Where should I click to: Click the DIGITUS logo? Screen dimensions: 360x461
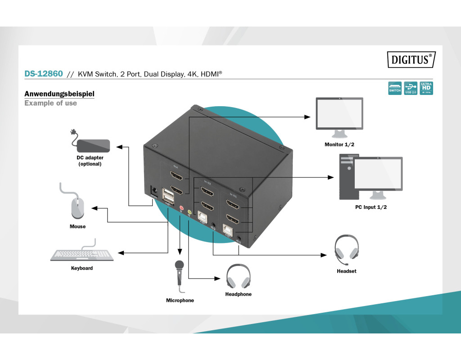click(x=411, y=59)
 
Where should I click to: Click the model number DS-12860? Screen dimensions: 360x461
click(x=43, y=73)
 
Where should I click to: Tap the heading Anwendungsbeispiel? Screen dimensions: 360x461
click(x=59, y=94)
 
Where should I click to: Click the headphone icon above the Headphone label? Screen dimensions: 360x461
click(x=238, y=276)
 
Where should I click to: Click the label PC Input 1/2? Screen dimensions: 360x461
click(x=371, y=207)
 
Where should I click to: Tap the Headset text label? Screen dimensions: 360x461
click(x=347, y=271)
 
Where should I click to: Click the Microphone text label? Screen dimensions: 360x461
click(x=180, y=301)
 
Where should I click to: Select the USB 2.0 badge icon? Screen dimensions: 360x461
click(x=411, y=88)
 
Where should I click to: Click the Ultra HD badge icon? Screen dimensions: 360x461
click(x=426, y=88)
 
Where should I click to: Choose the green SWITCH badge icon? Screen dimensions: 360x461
click(x=395, y=88)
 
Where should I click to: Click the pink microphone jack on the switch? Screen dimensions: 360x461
click(x=181, y=208)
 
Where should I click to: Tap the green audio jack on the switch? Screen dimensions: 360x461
click(x=190, y=211)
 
